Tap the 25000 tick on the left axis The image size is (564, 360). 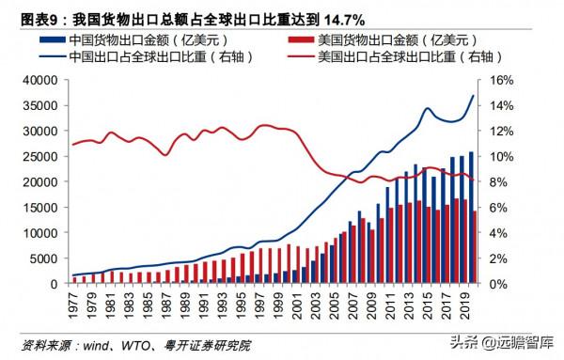(43, 156)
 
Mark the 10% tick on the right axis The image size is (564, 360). (498, 156)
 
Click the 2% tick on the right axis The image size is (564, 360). (495, 258)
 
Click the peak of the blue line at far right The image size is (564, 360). (473, 96)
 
